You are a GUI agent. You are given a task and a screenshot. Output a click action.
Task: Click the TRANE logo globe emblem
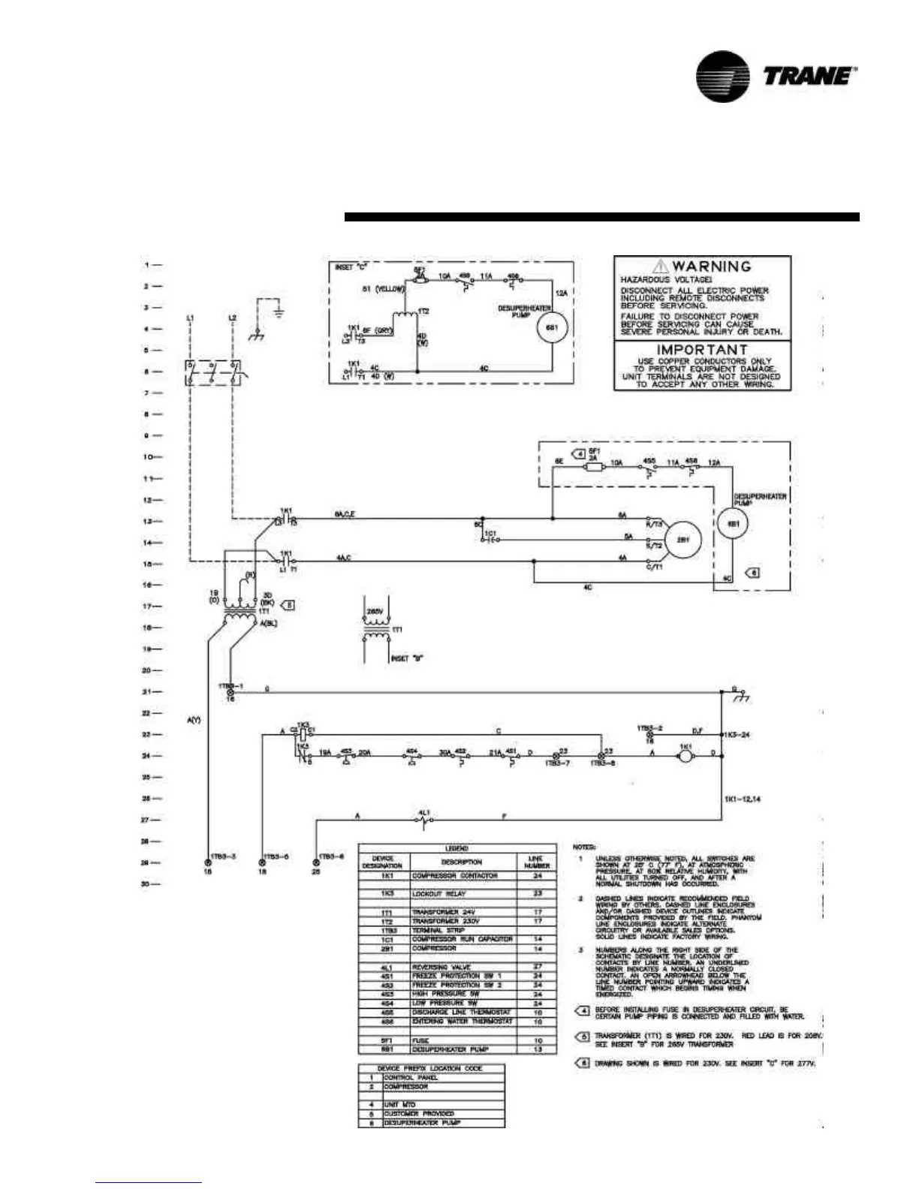pyautogui.click(x=722, y=76)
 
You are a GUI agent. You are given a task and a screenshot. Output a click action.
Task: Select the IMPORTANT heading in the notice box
pyautogui.click(x=702, y=350)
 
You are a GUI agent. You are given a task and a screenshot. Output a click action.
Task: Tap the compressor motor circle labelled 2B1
pyautogui.click(x=682, y=540)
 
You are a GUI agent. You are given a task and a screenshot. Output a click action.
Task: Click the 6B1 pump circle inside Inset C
pyautogui.click(x=550, y=328)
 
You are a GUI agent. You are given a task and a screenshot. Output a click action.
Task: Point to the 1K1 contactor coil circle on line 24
pyautogui.click(x=684, y=757)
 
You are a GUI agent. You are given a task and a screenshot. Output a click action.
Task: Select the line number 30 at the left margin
pyautogui.click(x=146, y=884)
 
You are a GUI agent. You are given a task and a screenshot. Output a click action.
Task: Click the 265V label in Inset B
pyautogui.click(x=375, y=612)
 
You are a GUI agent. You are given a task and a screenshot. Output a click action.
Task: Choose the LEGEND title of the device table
pyautogui.click(x=457, y=848)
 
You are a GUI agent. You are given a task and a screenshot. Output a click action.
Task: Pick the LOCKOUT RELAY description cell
pyautogui.click(x=438, y=894)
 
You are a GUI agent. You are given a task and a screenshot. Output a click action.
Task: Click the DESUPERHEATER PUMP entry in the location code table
pyautogui.click(x=423, y=1123)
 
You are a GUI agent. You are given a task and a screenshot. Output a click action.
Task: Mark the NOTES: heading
pyautogui.click(x=585, y=847)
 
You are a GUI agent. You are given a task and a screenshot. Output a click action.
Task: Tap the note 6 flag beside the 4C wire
pyautogui.click(x=755, y=573)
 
